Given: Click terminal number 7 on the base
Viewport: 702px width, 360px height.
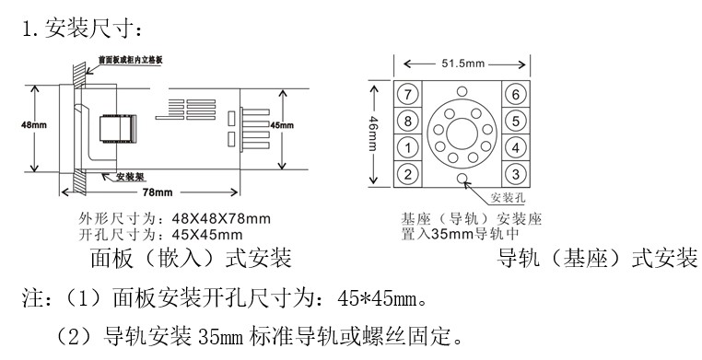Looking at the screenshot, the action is click(407, 94).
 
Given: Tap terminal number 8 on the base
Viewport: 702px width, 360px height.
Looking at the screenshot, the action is click(407, 121).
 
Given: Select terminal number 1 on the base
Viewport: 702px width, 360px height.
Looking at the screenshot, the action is click(407, 147).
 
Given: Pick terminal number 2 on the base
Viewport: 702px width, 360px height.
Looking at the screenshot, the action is click(407, 173).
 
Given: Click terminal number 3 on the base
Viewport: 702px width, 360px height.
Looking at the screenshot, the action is click(516, 173).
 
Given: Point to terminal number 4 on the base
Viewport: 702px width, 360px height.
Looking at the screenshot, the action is click(516, 147).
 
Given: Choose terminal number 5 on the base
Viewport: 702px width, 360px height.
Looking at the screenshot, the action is click(516, 121).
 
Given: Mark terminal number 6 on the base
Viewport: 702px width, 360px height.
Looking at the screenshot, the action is click(516, 94).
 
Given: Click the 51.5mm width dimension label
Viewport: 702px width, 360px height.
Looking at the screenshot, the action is click(462, 64).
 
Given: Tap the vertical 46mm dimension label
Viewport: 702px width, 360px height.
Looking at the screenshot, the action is click(373, 134).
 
